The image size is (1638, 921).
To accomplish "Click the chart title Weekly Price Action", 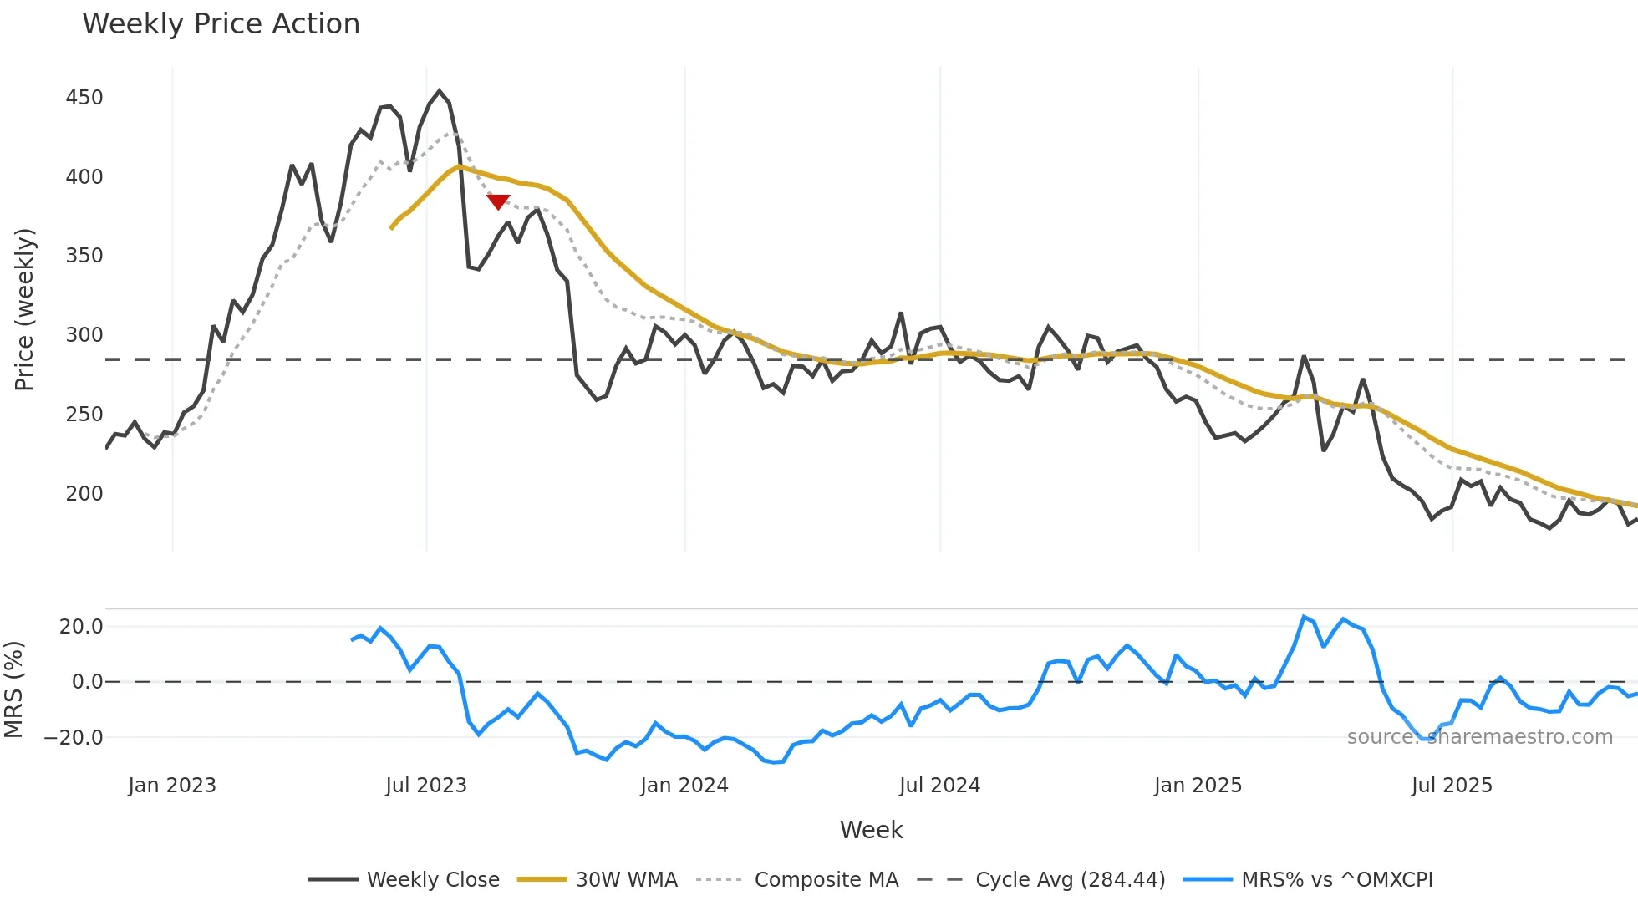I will click(221, 24).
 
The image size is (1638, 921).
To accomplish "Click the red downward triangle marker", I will click(498, 201).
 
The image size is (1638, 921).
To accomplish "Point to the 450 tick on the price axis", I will click(84, 98).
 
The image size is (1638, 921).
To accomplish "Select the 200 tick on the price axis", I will click(84, 494).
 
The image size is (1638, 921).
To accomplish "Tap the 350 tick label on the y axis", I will click(84, 256).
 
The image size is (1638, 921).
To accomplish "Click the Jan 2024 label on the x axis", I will click(684, 786).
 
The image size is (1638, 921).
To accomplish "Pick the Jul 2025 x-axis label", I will click(1452, 786).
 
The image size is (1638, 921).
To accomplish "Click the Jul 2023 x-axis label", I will click(426, 786).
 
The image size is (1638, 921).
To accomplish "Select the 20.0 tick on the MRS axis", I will click(81, 627).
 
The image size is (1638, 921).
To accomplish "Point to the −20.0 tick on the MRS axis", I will click(74, 738).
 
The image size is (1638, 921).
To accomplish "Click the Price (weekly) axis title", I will click(25, 309).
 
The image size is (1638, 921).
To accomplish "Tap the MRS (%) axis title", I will click(13, 689).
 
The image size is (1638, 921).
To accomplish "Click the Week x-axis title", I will click(871, 830).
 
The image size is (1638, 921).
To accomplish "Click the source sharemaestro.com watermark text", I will click(1479, 737).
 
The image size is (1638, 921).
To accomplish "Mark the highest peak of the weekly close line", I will click(440, 91).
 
